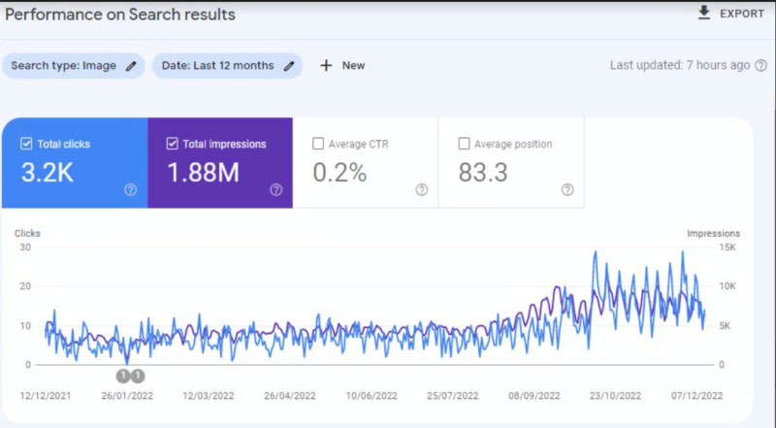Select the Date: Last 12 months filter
[227, 66]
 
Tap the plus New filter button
[342, 66]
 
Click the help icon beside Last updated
[761, 65]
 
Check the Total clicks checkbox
[26, 145]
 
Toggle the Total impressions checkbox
[173, 145]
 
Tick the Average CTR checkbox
[318, 145]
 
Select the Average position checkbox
[464, 145]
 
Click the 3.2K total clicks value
[48, 173]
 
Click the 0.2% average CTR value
[339, 173]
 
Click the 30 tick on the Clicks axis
[26, 247]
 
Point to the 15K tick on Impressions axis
[728, 247]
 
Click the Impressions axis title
[713, 233]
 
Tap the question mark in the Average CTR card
[421, 190]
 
